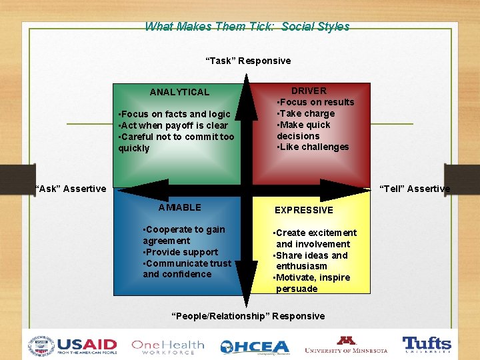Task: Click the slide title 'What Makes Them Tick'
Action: point(247,27)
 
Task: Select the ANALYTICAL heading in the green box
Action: point(179,92)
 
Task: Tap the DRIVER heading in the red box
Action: point(309,91)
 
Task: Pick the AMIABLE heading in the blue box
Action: point(179,207)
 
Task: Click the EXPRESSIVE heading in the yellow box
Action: point(303,210)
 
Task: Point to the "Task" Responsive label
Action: point(247,61)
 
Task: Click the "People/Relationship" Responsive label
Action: point(248,316)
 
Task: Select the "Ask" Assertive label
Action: point(70,189)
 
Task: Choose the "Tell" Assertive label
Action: point(415,189)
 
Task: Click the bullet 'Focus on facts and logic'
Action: point(174,114)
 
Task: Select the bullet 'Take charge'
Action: point(306,113)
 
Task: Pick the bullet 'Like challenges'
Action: point(313,147)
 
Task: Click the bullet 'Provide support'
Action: point(180,252)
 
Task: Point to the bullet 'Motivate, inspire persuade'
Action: point(312,283)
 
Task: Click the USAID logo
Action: point(72,346)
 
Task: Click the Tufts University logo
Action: point(427,345)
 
